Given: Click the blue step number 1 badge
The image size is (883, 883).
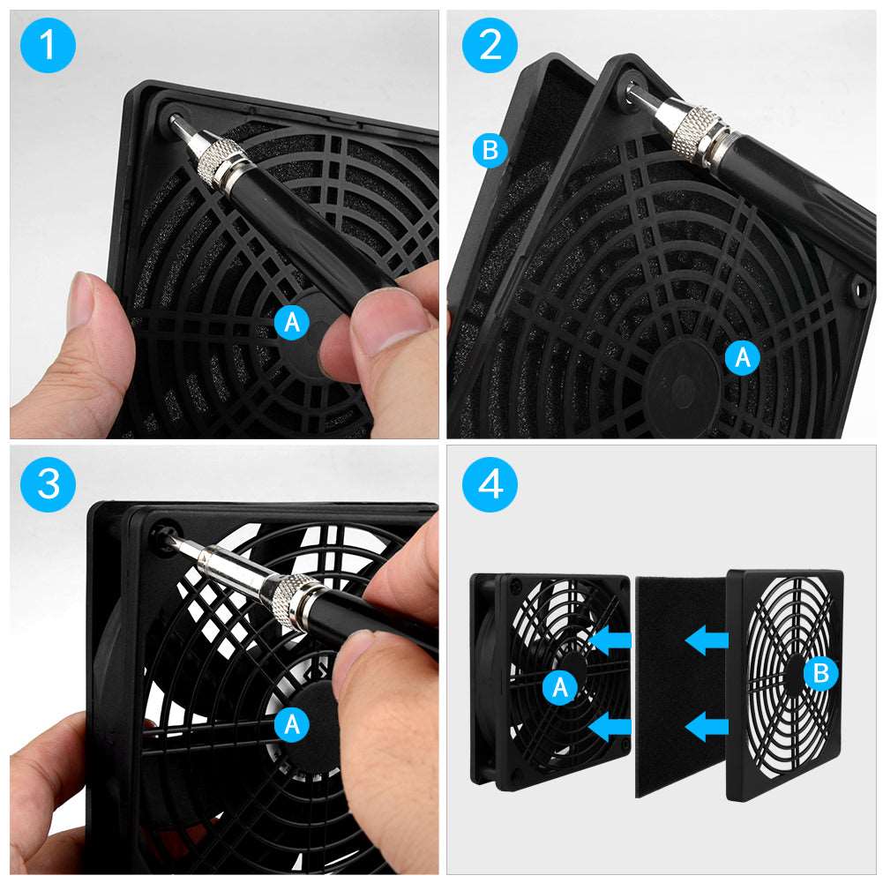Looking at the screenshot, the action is point(48,45).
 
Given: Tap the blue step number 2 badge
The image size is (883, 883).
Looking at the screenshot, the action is point(490,45).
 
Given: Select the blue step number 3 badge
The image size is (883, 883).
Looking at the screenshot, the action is point(48,484).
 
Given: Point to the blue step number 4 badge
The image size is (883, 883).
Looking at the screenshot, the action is point(490,484).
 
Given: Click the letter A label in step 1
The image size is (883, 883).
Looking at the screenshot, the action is point(292,323).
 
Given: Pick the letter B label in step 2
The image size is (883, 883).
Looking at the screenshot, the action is point(490,150).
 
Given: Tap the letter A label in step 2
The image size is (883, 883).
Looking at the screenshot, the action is point(743,357).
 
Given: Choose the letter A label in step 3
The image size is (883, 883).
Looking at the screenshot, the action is point(292,724).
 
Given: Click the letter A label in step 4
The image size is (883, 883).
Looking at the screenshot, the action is point(560,687).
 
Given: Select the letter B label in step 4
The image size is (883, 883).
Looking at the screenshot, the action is point(820,673).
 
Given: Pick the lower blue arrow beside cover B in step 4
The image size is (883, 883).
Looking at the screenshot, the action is point(707,727).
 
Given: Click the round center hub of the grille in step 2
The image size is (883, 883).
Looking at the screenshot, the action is point(683,384).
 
